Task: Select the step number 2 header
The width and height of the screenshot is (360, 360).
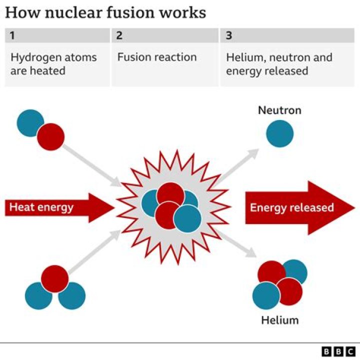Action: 120,35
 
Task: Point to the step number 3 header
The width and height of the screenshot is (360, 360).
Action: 229,35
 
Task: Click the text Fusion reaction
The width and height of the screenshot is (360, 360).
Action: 156,57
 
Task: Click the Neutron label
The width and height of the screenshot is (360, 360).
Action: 279,110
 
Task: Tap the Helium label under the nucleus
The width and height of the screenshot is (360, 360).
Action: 279,320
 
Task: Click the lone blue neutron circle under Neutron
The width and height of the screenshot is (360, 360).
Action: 279,133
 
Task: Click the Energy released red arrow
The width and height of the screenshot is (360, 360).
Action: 295,207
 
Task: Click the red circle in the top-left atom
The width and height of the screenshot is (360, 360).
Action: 50,136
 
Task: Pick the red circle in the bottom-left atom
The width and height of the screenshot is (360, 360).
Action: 54,278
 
